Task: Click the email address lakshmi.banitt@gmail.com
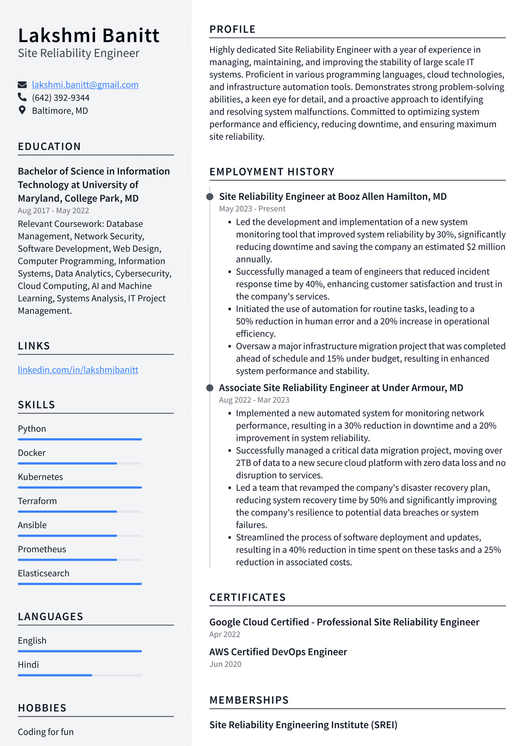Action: tap(85, 85)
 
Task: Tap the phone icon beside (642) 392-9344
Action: tap(22, 97)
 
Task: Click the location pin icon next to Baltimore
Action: tap(22, 110)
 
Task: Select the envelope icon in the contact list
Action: tap(22, 85)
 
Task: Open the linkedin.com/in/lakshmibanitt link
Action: tap(78, 370)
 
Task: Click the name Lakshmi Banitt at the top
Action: tap(89, 35)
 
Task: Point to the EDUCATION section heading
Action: tap(49, 146)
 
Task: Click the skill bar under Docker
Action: tap(79, 463)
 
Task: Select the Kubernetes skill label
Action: tap(40, 477)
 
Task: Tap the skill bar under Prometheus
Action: tap(79, 560)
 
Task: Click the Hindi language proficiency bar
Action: tap(79, 675)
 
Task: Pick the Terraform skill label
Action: tap(37, 501)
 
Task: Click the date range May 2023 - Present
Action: tap(252, 209)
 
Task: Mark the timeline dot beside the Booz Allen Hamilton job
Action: tap(210, 196)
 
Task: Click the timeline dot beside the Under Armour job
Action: tap(210, 388)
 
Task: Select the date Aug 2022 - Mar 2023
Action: tap(254, 400)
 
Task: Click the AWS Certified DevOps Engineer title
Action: tap(278, 652)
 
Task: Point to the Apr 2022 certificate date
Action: tap(225, 634)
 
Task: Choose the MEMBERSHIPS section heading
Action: tap(249, 700)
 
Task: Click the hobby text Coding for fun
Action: tap(46, 732)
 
